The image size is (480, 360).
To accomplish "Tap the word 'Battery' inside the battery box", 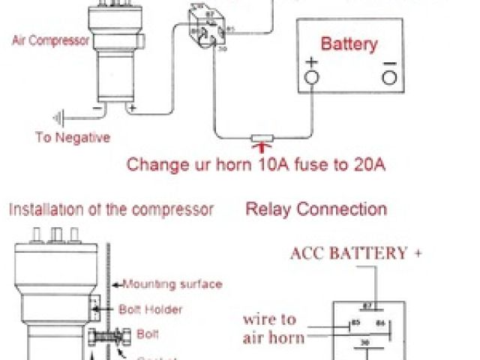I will [349, 43].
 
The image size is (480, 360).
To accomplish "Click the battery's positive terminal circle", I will [312, 76].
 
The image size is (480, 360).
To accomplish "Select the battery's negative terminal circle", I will [388, 76].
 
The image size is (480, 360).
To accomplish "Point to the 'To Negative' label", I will [73, 137].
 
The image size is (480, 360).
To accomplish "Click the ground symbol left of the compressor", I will [59, 117].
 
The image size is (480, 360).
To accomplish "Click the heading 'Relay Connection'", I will [316, 209].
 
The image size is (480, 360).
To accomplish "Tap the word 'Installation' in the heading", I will [44, 209].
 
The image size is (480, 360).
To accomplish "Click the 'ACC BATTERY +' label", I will [355, 253].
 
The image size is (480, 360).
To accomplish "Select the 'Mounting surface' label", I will [172, 283].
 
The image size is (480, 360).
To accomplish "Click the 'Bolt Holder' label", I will [151, 308].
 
